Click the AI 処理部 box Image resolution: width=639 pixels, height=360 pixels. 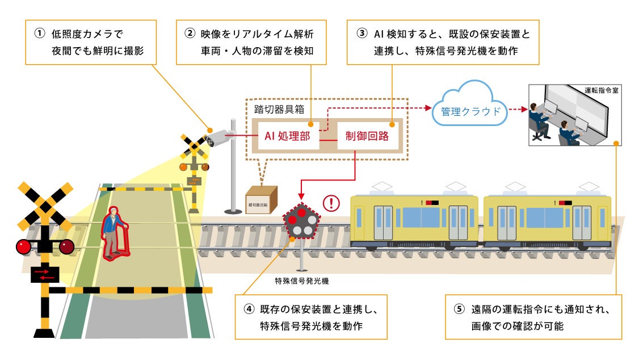[287, 136]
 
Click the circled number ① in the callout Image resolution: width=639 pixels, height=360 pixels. [39, 34]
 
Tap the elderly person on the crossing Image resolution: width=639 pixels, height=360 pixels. [114, 232]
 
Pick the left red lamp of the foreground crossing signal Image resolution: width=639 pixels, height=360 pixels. [24, 247]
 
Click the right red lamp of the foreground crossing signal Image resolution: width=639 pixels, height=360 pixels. [67, 246]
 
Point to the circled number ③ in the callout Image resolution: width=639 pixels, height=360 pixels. [362, 34]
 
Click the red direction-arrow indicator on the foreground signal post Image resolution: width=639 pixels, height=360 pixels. [45, 274]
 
